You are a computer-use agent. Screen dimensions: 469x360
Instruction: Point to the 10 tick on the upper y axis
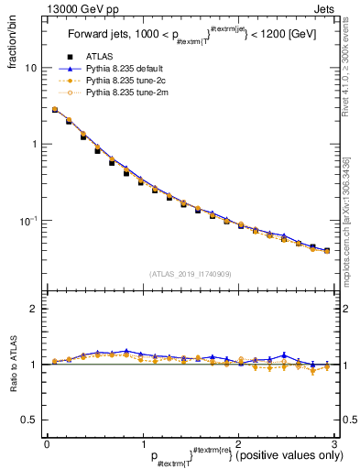[30, 69]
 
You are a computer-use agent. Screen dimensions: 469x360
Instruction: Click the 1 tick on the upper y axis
[33, 145]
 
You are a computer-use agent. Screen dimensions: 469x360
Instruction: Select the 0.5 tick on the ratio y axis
[29, 420]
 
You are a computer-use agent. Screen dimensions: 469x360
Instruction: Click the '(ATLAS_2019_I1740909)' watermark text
[191, 274]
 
